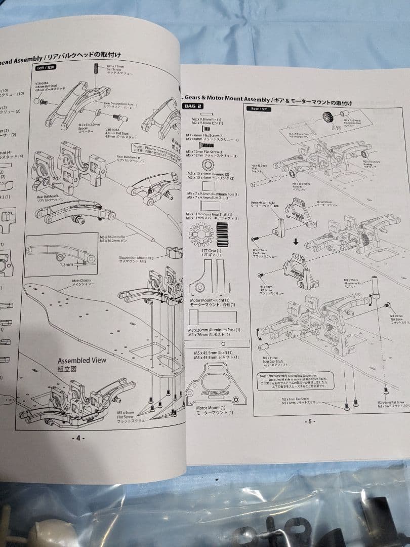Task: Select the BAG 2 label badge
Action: click(192, 106)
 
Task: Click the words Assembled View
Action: click(82, 360)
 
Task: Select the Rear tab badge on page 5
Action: click(256, 108)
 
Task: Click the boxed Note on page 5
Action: click(297, 380)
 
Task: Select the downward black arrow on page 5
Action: click(296, 242)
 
